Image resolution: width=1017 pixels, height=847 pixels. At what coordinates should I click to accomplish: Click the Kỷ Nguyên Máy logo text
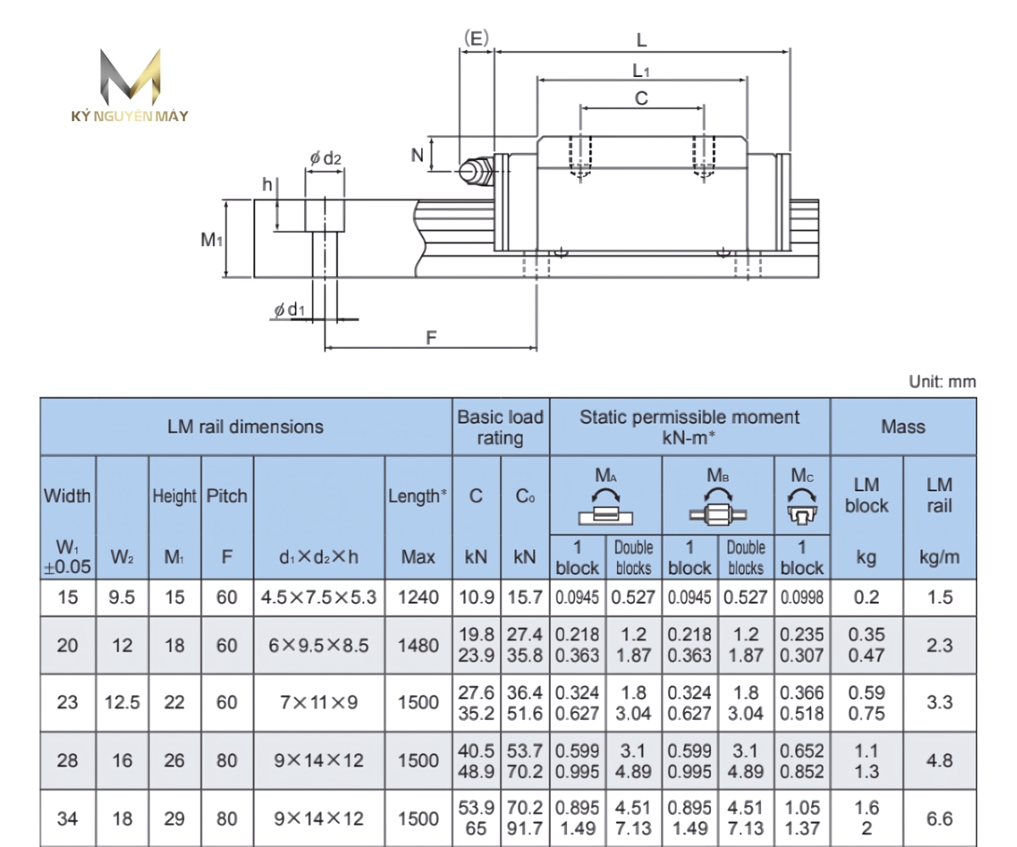pyautogui.click(x=130, y=116)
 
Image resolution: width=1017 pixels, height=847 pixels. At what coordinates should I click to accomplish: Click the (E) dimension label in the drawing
pyautogui.click(x=476, y=37)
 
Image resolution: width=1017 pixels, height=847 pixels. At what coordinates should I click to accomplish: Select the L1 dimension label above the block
pyautogui.click(x=642, y=70)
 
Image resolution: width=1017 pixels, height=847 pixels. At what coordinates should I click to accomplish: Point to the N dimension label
pyautogui.click(x=417, y=155)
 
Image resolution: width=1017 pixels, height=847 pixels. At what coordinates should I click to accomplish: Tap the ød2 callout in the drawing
pyautogui.click(x=325, y=158)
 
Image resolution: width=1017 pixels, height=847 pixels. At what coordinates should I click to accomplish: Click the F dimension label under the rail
pyautogui.click(x=431, y=337)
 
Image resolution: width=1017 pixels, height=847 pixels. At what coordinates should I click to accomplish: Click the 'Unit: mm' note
pyautogui.click(x=942, y=382)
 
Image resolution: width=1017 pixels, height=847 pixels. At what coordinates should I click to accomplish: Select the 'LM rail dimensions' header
pyautogui.click(x=246, y=426)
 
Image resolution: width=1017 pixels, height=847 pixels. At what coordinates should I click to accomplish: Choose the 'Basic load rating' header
pyautogui.click(x=501, y=426)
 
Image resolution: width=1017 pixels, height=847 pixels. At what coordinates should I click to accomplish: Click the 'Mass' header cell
pyautogui.click(x=903, y=426)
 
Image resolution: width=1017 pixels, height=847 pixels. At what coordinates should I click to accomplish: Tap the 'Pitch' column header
pyautogui.click(x=227, y=496)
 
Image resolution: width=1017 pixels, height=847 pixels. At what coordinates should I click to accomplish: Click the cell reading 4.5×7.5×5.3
pyautogui.click(x=320, y=597)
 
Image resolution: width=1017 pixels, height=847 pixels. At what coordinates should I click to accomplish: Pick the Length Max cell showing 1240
pyautogui.click(x=419, y=597)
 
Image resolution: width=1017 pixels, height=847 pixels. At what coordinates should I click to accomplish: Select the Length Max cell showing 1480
pyautogui.click(x=419, y=646)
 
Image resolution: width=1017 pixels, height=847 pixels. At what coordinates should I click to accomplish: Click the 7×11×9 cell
pyautogui.click(x=320, y=702)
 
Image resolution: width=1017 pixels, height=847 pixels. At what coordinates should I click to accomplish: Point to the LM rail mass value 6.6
pyautogui.click(x=939, y=819)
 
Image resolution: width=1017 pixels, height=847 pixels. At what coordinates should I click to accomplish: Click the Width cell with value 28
pyautogui.click(x=68, y=761)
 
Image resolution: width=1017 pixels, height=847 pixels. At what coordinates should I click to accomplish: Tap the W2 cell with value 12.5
pyautogui.click(x=123, y=702)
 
